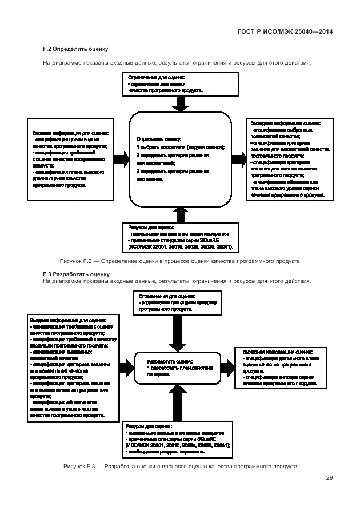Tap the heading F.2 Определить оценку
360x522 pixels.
[76, 49]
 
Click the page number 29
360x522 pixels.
[330, 478]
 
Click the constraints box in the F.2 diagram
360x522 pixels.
[181, 83]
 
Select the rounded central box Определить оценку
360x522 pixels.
[180, 158]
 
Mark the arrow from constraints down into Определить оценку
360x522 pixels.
[181, 103]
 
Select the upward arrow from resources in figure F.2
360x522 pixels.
[181, 214]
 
